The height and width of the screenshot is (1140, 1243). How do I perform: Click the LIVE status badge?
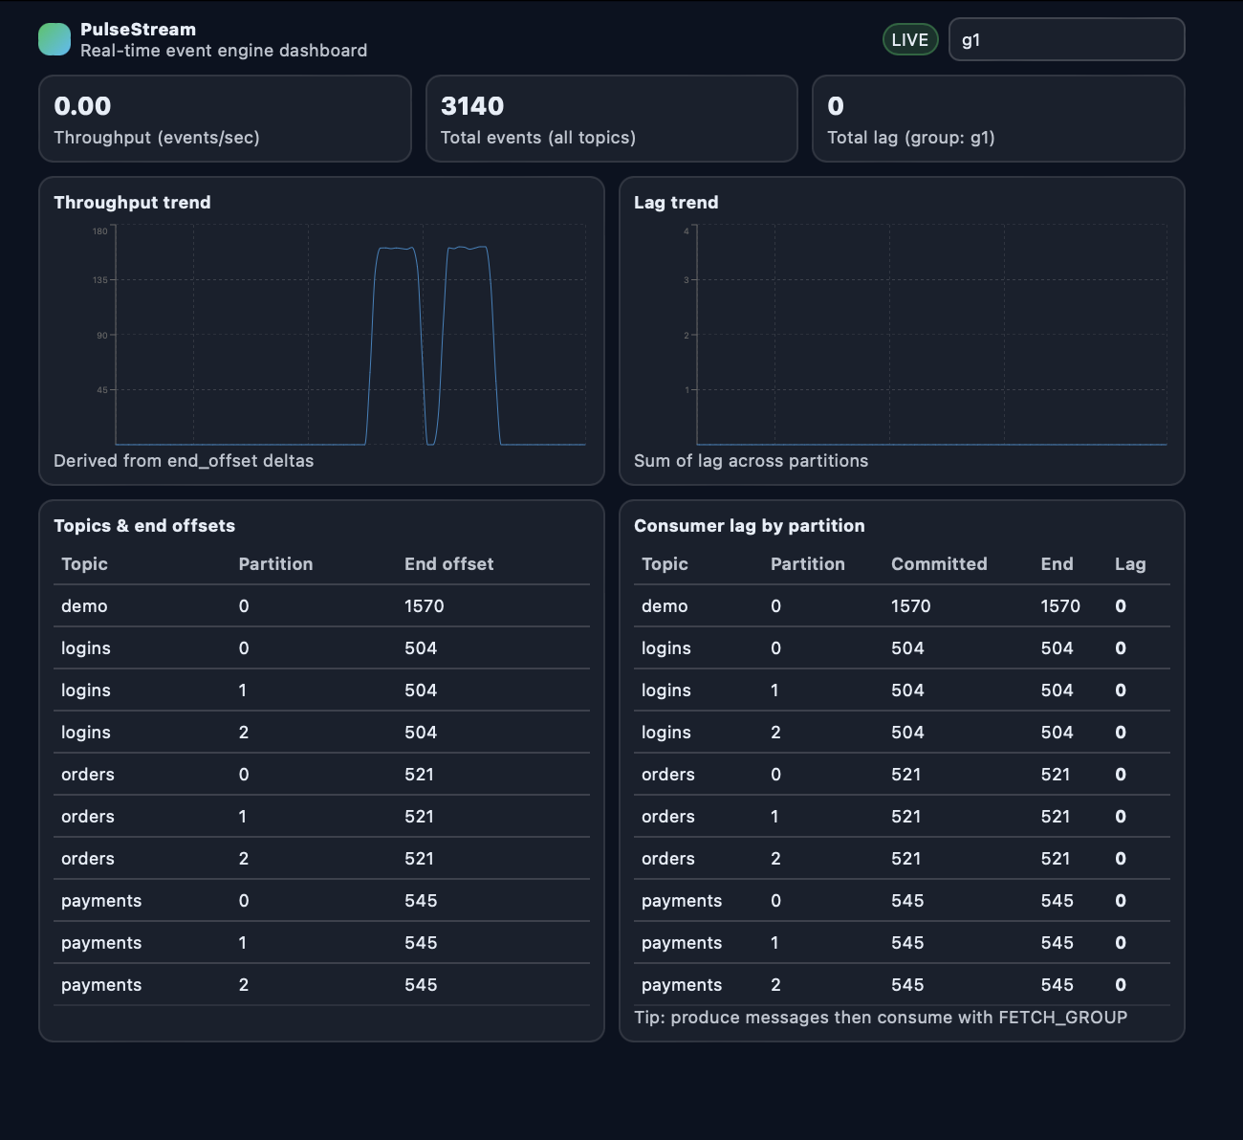point(909,40)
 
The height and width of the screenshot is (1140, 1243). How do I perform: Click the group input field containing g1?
point(1066,40)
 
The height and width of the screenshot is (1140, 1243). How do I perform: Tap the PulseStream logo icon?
point(55,40)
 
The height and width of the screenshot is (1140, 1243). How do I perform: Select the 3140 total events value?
point(472,106)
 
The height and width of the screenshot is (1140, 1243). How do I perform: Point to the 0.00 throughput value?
point(82,106)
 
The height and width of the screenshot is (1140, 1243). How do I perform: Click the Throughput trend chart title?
point(132,203)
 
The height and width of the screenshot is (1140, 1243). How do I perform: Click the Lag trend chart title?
point(676,203)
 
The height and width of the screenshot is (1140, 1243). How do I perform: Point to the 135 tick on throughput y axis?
point(100,280)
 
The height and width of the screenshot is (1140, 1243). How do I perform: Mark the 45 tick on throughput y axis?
point(102,390)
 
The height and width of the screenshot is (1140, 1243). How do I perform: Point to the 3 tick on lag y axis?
point(687,280)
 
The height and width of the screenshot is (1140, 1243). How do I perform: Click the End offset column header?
point(448,564)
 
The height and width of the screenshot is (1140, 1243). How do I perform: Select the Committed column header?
point(939,564)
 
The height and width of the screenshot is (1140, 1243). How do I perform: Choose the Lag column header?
point(1129,564)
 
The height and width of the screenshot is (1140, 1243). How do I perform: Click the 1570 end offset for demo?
point(424,606)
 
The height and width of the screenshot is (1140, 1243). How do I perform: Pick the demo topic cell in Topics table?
point(84,606)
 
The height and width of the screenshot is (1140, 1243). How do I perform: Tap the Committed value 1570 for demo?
point(910,606)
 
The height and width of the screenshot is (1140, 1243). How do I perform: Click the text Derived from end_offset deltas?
point(184,461)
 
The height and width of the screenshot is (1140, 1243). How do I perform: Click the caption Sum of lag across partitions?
point(751,461)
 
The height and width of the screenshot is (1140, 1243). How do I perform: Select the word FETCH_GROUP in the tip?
point(1062,1018)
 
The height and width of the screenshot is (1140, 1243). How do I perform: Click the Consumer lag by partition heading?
point(749,526)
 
